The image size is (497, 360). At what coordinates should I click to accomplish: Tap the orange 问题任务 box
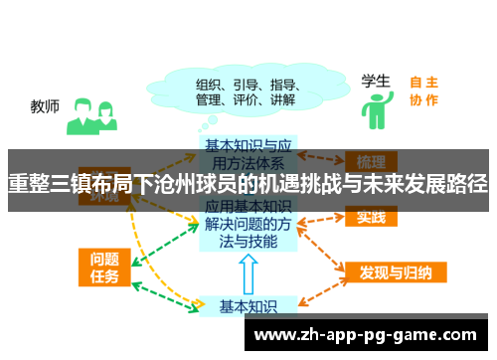(99, 266)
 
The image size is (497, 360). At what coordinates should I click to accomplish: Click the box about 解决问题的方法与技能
(248, 226)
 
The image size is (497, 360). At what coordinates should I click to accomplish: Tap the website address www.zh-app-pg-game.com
(373, 335)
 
